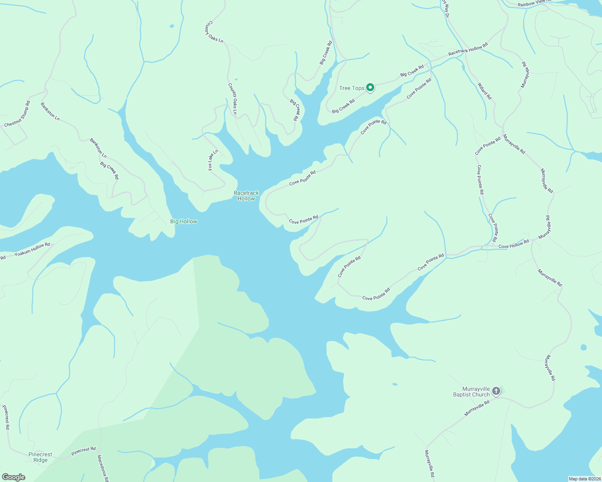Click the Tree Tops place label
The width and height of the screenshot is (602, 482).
[x=351, y=88]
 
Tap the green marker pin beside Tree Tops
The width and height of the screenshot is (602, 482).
[x=370, y=88]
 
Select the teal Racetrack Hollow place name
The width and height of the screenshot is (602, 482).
[x=246, y=196]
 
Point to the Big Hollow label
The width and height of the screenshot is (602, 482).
[x=183, y=221]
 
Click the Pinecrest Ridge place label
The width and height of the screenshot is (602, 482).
[x=40, y=457]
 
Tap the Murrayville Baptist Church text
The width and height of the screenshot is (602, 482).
[x=471, y=392]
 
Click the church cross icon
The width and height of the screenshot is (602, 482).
[x=496, y=391]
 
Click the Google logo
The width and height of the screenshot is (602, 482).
[x=13, y=477]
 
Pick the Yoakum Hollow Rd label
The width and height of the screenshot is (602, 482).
[x=32, y=249]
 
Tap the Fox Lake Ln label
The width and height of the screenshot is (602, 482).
[x=213, y=160]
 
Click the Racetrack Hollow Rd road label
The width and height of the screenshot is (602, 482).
[x=468, y=49]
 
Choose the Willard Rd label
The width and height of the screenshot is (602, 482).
[x=484, y=91]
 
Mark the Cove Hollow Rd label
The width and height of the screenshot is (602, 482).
[x=513, y=244]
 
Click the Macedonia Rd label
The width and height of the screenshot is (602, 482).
[x=103, y=468]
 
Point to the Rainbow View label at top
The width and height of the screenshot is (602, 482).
[x=534, y=3]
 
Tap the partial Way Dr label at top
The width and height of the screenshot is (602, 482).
[x=445, y=8]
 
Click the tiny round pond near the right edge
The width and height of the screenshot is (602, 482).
[x=583, y=347]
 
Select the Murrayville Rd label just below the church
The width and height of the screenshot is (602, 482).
[x=477, y=408]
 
